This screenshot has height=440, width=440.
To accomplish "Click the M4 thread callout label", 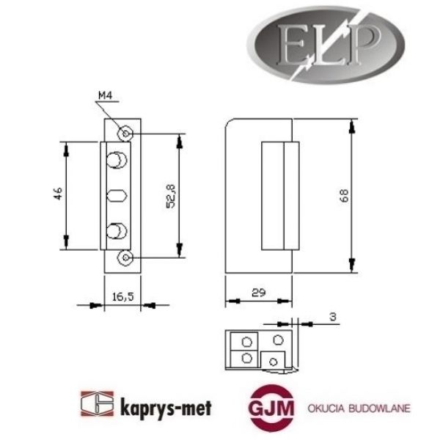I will [106, 95].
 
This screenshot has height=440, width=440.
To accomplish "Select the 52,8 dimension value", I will [170, 194].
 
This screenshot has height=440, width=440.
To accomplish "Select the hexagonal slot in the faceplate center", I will [117, 197].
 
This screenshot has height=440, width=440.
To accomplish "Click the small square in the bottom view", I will [273, 360].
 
